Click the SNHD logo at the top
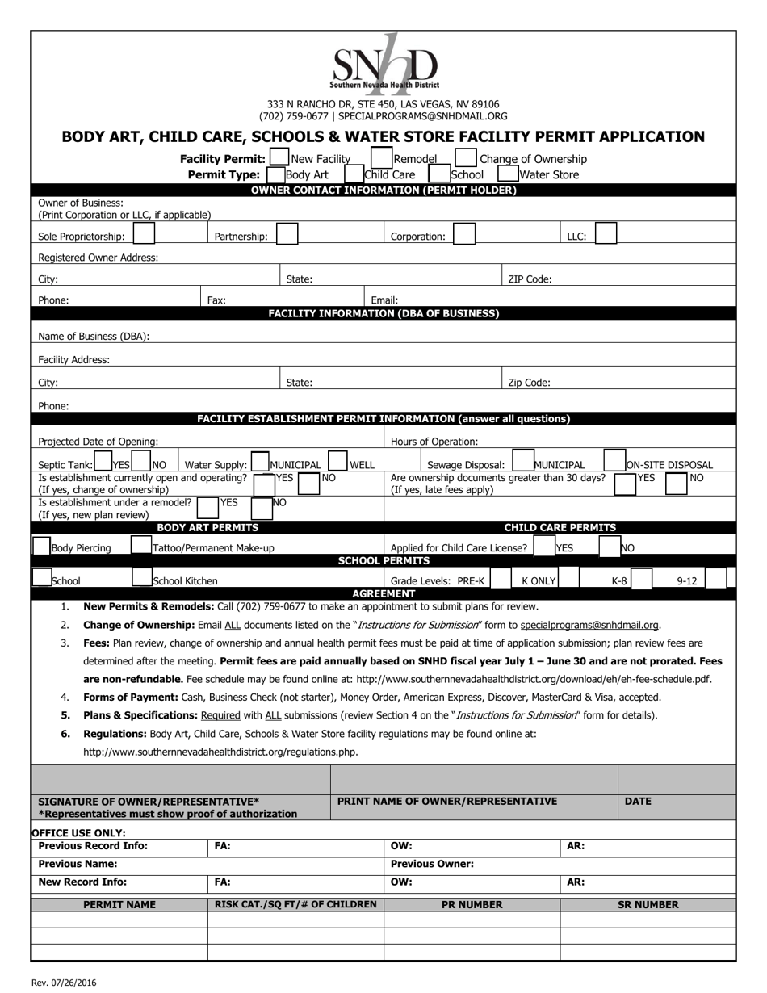pyautogui.click(x=384, y=63)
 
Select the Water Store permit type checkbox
pyautogui.click(x=508, y=174)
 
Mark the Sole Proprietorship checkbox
pyautogui.click(x=144, y=234)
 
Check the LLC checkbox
pyautogui.click(x=606, y=234)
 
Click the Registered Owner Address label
pyautogui.click(x=98, y=258)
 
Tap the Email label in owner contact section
pyautogui.click(x=384, y=300)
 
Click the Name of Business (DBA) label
pyautogui.click(x=94, y=337)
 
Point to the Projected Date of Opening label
pyautogui.click(x=98, y=442)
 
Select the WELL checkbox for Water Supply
pyautogui.click(x=337, y=462)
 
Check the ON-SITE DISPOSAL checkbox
pyautogui.click(x=615, y=461)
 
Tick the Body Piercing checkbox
pyautogui.click(x=41, y=546)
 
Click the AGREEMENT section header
pyautogui.click(x=383, y=593)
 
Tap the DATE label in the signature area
pyautogui.click(x=638, y=801)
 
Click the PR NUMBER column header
pyautogui.click(x=472, y=904)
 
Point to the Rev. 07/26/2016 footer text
pyautogui.click(x=65, y=983)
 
